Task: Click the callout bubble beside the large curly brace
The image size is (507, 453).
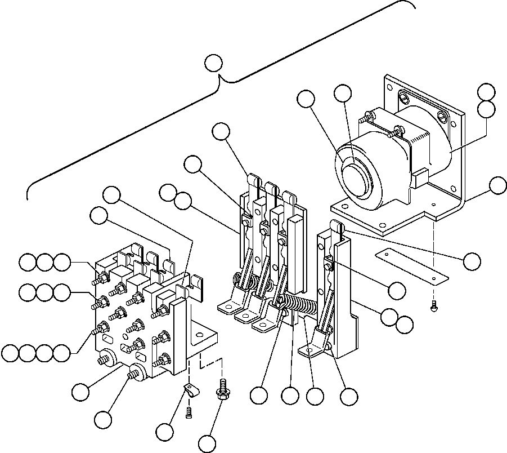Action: pyautogui.click(x=213, y=63)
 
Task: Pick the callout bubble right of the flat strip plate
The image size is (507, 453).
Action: pyautogui.click(x=472, y=260)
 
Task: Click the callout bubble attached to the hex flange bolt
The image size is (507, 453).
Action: pyautogui.click(x=207, y=443)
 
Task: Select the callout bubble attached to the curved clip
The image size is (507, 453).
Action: pyautogui.click(x=164, y=432)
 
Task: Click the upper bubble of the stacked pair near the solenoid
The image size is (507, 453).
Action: pyautogui.click(x=486, y=91)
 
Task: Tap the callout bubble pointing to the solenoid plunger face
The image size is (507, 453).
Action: pyautogui.click(x=343, y=94)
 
